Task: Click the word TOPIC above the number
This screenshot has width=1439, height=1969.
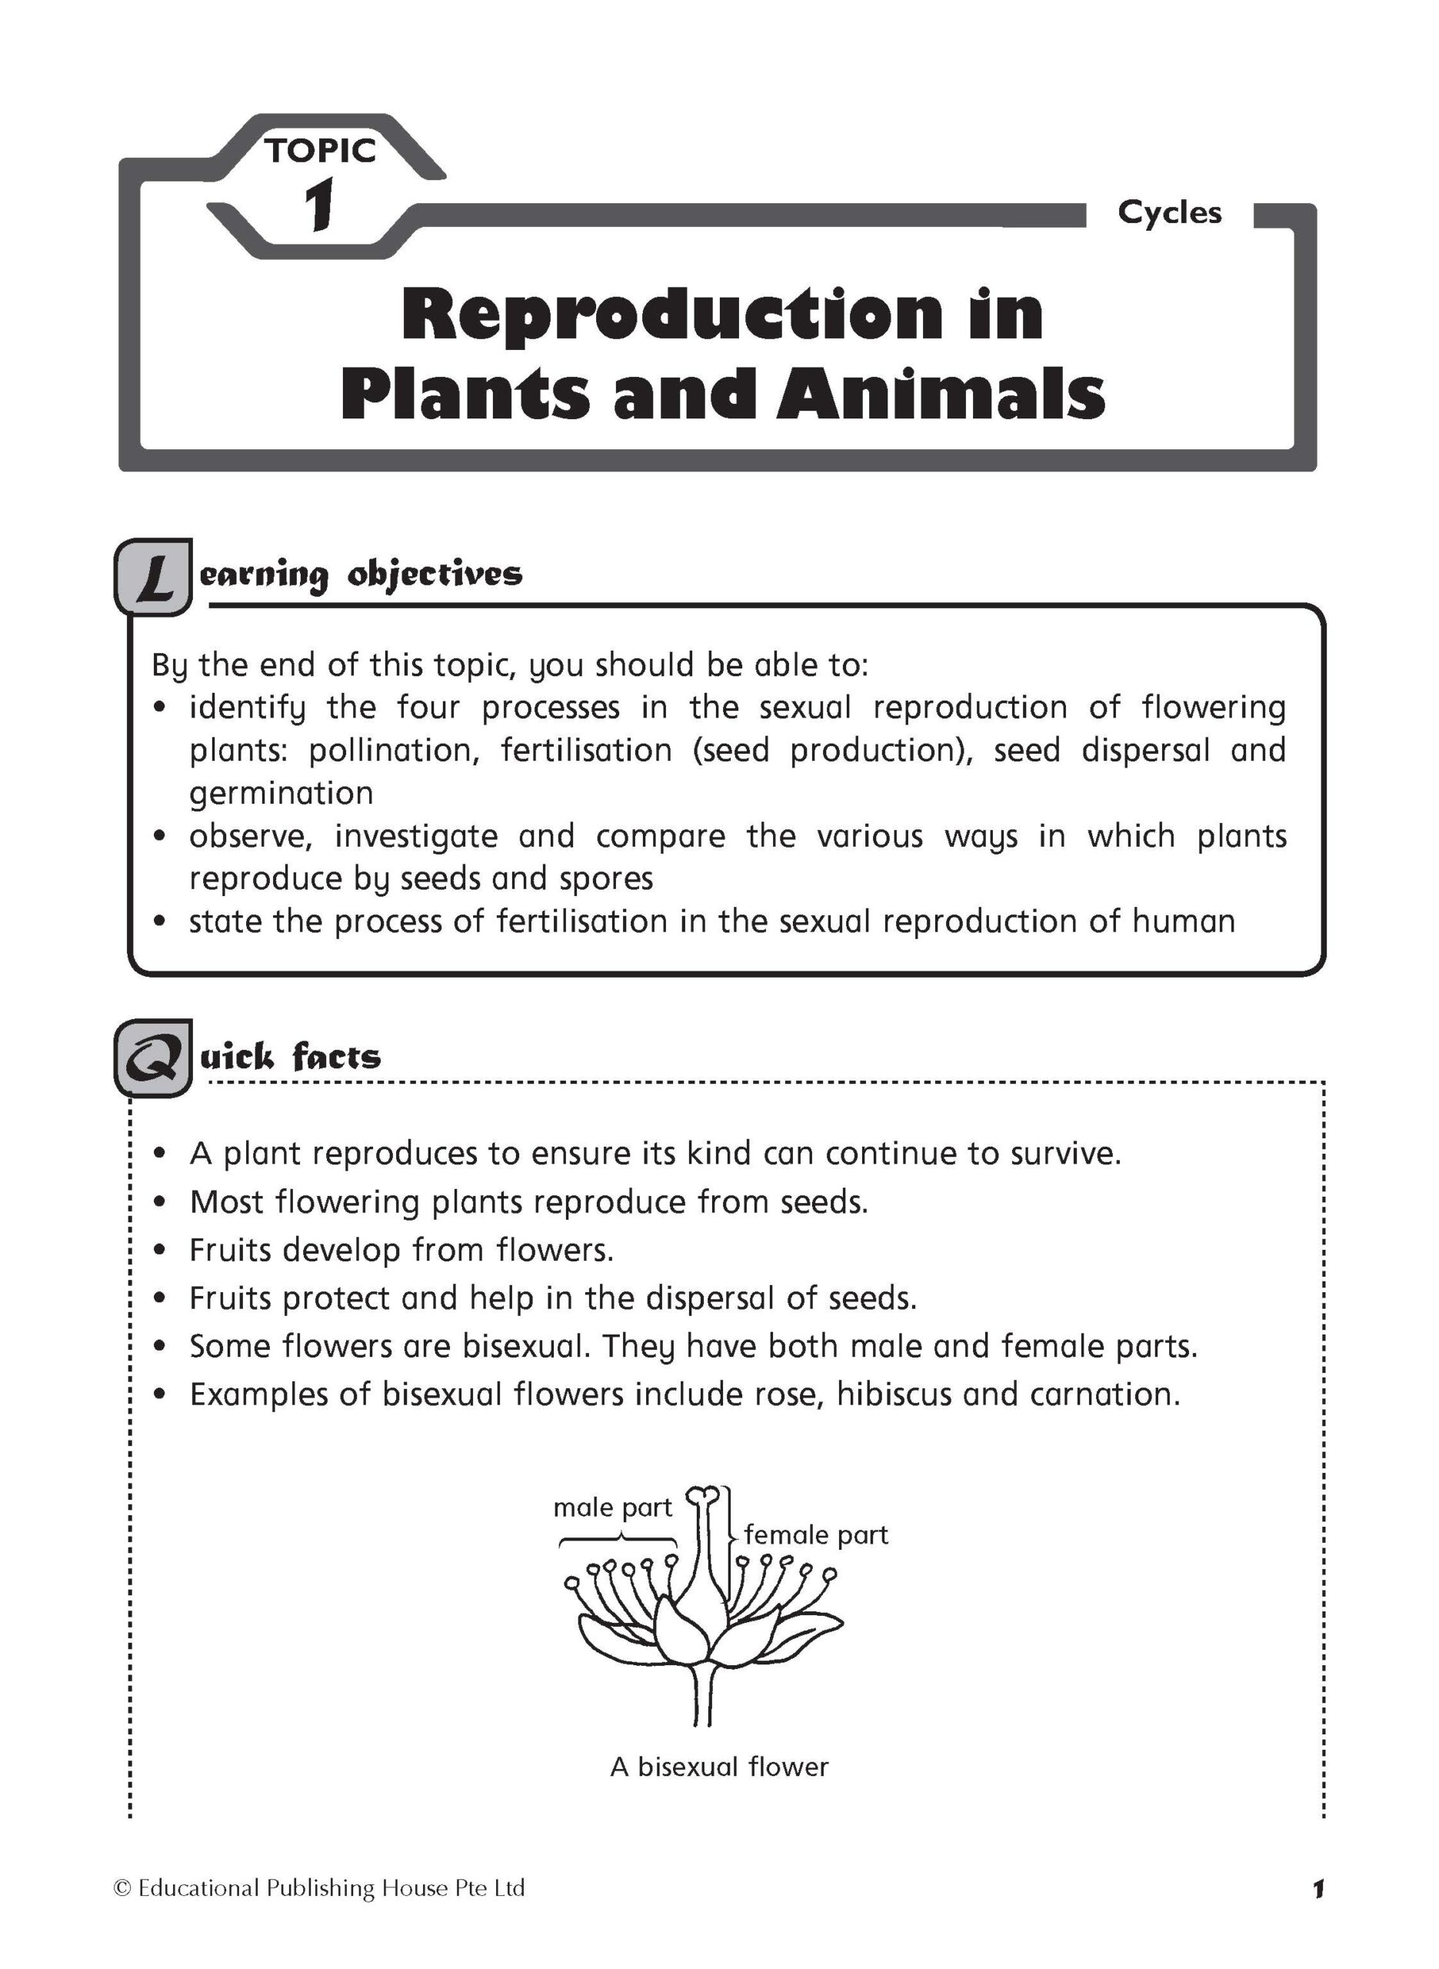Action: tap(321, 151)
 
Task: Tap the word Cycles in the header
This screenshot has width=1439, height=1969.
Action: tap(1169, 212)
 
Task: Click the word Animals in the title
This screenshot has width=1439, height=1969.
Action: tap(941, 394)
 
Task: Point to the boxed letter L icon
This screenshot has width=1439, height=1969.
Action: tap(153, 577)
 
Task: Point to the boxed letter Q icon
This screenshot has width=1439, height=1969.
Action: tap(153, 1058)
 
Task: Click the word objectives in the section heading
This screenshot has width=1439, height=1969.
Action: tap(435, 575)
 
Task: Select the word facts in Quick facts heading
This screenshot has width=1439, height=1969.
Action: tap(336, 1058)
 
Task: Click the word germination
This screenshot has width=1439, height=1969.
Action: tap(281, 793)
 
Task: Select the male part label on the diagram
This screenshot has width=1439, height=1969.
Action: tap(612, 1508)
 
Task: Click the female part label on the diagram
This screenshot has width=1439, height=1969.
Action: tap(816, 1534)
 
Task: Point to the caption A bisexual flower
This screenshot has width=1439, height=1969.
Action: tap(720, 1767)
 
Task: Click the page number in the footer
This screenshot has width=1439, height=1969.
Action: tap(1318, 1889)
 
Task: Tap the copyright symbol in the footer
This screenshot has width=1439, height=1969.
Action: tap(122, 1888)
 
